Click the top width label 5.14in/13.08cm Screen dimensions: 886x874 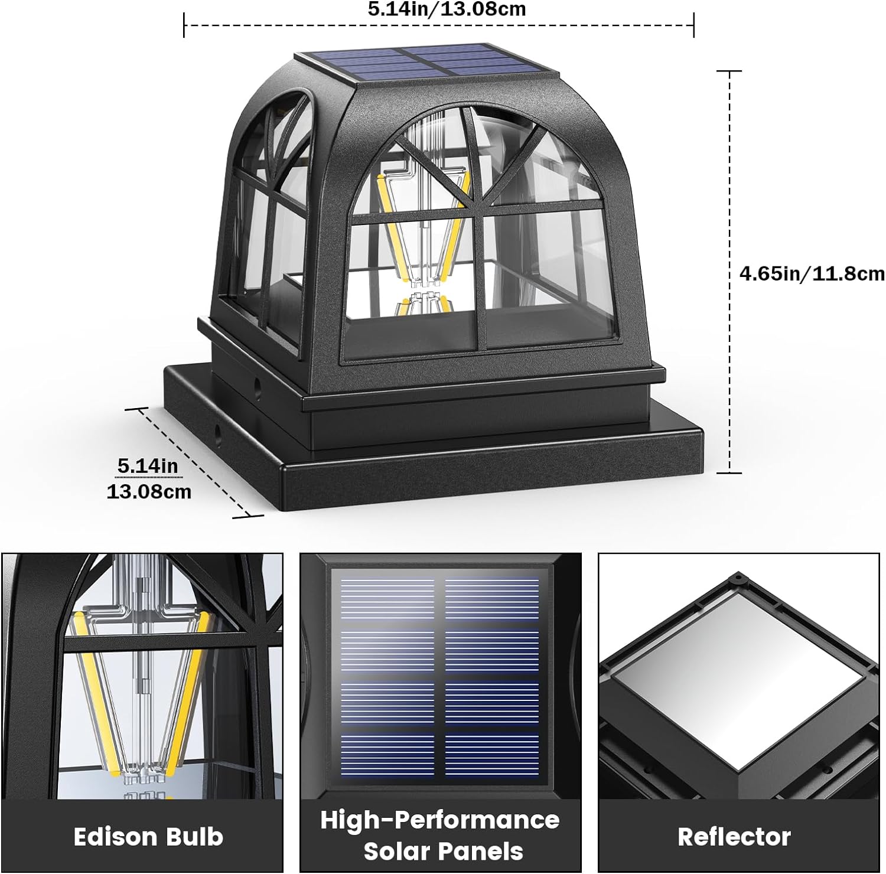[447, 9]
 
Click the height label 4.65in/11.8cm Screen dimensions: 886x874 [812, 273]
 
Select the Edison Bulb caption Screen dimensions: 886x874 [148, 837]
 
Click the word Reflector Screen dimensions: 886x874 [734, 837]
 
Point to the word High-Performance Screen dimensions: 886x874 [440, 820]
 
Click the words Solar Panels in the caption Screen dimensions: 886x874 [443, 852]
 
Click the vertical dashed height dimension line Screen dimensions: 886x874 [730, 272]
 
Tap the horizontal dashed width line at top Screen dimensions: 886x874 [438, 25]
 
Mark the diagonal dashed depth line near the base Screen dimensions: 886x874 [196, 462]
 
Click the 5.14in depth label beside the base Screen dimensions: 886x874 [148, 466]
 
